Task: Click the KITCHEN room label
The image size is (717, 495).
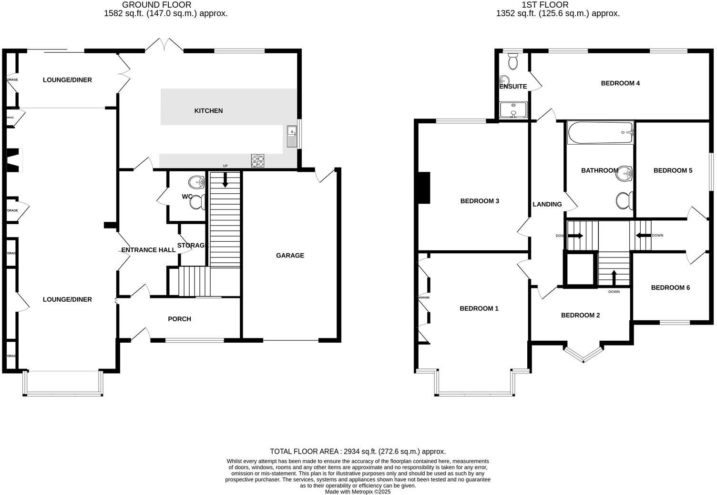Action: click(x=208, y=111)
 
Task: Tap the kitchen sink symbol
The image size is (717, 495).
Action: click(x=292, y=137)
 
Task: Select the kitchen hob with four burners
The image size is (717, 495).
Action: click(x=257, y=161)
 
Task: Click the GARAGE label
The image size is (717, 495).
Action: click(x=290, y=256)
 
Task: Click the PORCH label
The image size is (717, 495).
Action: click(x=179, y=319)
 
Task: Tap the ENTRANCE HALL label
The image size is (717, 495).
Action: click(x=148, y=250)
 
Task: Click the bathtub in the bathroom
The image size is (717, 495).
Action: click(x=600, y=133)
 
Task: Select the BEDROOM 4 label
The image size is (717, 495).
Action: click(x=620, y=83)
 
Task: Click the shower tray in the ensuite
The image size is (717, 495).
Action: click(x=513, y=110)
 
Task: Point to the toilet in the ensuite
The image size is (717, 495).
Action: click(x=513, y=61)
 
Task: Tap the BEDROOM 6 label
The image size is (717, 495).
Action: click(x=670, y=287)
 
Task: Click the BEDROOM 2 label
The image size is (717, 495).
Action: click(x=580, y=315)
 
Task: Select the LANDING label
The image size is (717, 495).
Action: click(x=547, y=204)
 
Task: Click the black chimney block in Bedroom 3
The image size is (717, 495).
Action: click(x=424, y=188)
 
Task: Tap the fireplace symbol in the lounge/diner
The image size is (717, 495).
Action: click(x=14, y=160)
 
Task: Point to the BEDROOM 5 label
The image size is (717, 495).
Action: click(x=672, y=170)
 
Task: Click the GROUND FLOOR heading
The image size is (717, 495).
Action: click(x=157, y=5)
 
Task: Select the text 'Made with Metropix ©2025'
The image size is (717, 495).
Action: click(x=358, y=492)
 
